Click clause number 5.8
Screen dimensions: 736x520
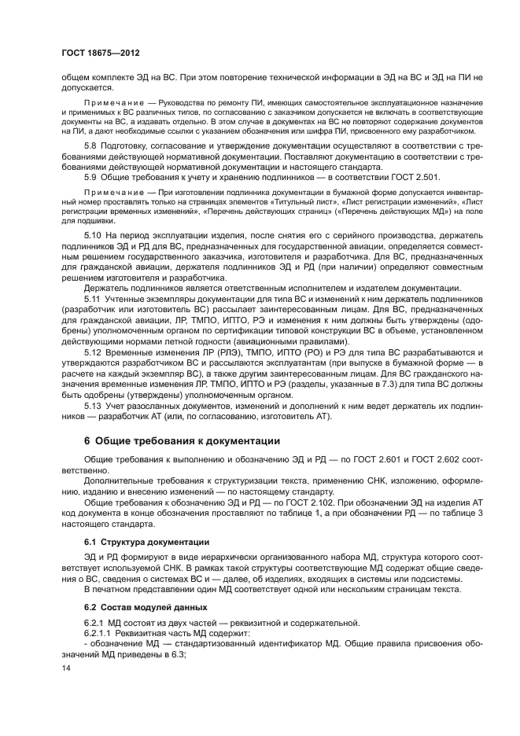[90, 147]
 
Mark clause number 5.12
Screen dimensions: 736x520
[93, 361]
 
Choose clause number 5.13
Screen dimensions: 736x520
[93, 406]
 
